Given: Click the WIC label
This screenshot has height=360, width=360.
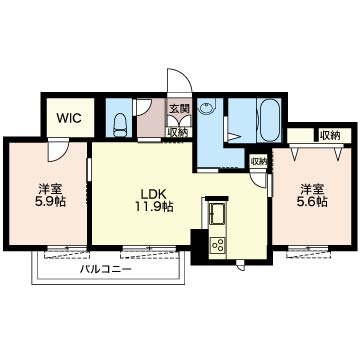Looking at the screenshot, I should (x=69, y=117).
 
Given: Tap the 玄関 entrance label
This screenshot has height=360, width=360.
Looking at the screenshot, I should (x=178, y=110).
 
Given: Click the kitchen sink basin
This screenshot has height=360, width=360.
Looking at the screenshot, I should (x=218, y=212).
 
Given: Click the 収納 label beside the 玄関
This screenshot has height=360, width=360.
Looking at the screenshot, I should (x=178, y=130).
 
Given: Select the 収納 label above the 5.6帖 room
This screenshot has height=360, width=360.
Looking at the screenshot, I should (x=330, y=135).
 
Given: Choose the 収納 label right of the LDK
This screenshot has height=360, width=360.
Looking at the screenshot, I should (x=258, y=160).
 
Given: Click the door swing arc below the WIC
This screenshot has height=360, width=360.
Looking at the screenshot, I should (x=58, y=147).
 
